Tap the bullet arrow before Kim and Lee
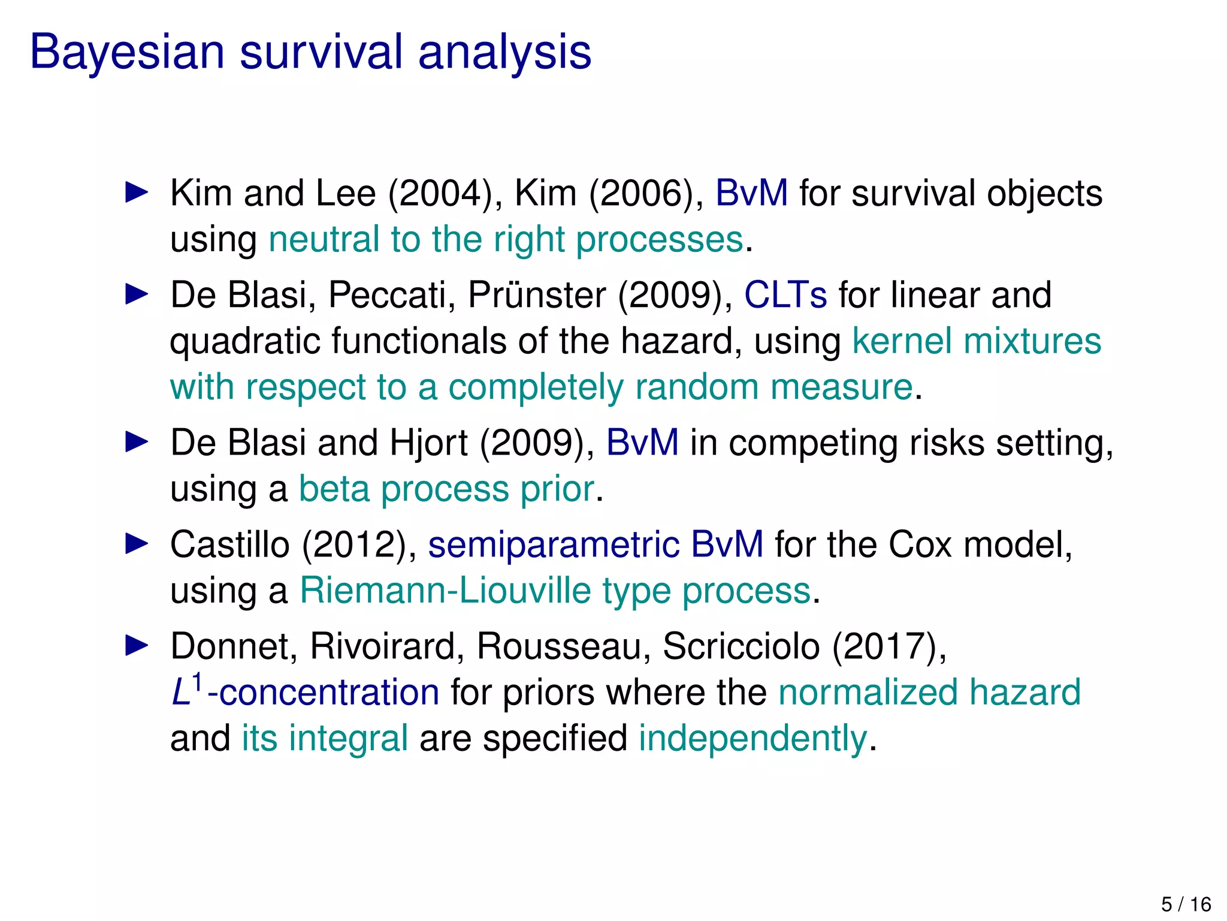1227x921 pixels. point(137,193)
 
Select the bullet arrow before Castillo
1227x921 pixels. point(137,544)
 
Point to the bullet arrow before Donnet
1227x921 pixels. point(137,646)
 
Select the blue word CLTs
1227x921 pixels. point(785,296)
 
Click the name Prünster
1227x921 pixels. point(537,296)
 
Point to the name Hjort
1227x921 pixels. point(428,444)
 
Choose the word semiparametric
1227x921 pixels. point(554,546)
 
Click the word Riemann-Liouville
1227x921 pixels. point(445,591)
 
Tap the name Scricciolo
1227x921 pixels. point(741,647)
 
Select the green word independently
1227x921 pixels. point(753,739)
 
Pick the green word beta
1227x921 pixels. point(334,489)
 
